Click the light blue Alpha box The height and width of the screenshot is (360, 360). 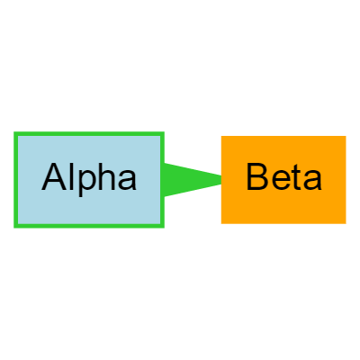pos(89,180)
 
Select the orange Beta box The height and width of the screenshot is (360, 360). pos(283,180)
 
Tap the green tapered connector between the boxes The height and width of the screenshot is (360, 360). pos(193,180)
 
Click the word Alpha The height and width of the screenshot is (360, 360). pos(89,177)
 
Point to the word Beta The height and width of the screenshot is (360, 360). pos(283,177)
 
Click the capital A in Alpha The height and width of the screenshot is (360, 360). pos(54,177)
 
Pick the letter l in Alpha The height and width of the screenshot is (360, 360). pos(72,177)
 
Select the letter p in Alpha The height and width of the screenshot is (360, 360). pos(88,181)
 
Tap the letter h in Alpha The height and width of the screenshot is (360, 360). pos(108,177)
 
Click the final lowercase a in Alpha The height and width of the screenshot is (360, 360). pos(128,180)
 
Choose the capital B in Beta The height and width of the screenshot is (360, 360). pos(256,177)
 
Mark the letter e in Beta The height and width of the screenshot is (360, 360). pos(280,180)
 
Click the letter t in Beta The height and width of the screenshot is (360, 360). pos(296,178)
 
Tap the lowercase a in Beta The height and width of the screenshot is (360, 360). pos(313,180)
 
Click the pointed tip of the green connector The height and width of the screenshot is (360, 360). pos(220,180)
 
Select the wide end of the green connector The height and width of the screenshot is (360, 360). pos(165,180)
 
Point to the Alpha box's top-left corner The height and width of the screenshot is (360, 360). pos(13,131)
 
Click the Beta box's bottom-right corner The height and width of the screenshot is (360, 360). pos(346,223)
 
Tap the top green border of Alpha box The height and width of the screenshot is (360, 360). pos(89,133)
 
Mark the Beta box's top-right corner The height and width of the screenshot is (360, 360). pos(346,136)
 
